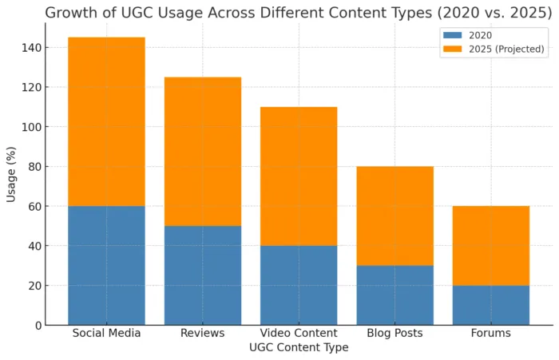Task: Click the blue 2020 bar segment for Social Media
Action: click(x=106, y=265)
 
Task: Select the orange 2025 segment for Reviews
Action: click(x=203, y=152)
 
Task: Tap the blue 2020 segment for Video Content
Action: click(x=299, y=285)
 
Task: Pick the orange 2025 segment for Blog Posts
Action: click(x=394, y=216)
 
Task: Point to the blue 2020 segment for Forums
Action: click(x=490, y=305)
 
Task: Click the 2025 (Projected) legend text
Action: click(x=506, y=49)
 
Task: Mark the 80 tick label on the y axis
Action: click(x=34, y=167)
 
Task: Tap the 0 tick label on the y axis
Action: click(x=38, y=326)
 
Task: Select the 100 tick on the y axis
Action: click(x=31, y=127)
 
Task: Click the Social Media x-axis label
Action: click(x=106, y=333)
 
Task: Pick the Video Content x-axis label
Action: click(x=299, y=333)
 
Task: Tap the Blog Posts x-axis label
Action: click(x=394, y=333)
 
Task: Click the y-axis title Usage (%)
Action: click(x=11, y=174)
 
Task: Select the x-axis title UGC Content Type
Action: click(x=299, y=348)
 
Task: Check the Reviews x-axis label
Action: click(x=203, y=333)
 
